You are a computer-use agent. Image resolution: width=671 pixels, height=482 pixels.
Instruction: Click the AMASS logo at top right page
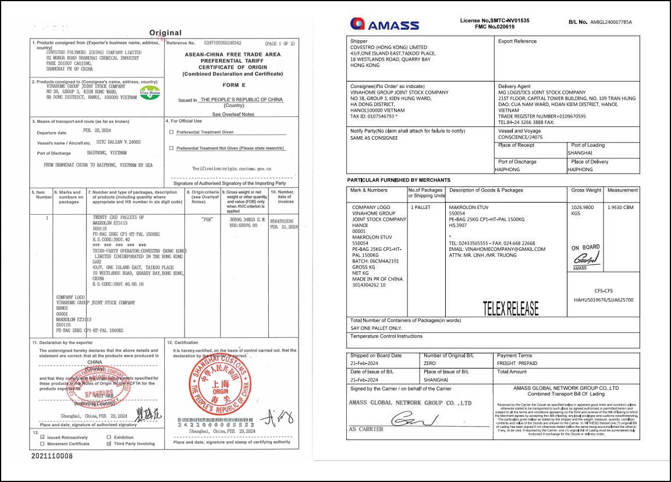coord(384,24)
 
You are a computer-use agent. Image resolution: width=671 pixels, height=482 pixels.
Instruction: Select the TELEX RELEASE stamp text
coord(510,308)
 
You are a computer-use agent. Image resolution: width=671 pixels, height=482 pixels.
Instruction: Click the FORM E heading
coord(232,84)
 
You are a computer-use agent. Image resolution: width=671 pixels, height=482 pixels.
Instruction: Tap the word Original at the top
coord(165,33)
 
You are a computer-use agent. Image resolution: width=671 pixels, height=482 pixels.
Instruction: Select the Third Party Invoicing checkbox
coord(109,444)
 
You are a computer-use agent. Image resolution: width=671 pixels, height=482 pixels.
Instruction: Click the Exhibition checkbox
coord(109,437)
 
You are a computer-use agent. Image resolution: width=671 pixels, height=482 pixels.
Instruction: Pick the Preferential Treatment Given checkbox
coord(171,132)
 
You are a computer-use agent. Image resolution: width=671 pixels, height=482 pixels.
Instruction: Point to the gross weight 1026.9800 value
coord(584,207)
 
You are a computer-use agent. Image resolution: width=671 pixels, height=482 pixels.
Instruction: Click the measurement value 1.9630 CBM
coord(620,207)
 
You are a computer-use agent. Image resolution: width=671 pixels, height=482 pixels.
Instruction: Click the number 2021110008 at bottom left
coord(52,456)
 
